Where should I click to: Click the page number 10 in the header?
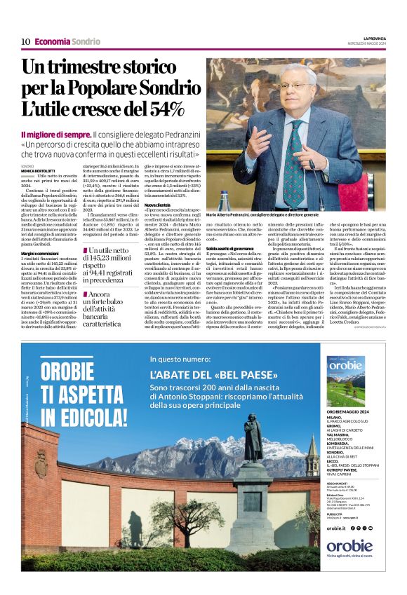(25, 41)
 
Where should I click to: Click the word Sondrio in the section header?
(86, 41)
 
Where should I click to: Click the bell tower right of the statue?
(312, 456)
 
